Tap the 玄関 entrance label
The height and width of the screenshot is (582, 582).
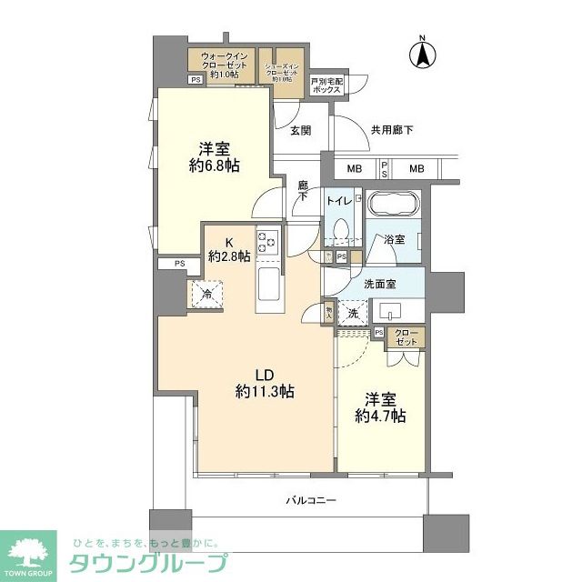[x=301, y=131]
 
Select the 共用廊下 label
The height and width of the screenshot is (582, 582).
[x=392, y=131]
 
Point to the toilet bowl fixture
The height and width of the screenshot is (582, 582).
[x=342, y=229]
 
